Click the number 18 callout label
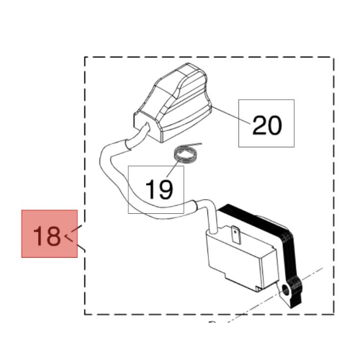(x=47, y=235)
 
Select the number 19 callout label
(x=159, y=189)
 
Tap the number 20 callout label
(x=267, y=125)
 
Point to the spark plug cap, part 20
(x=171, y=102)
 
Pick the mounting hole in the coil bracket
(x=287, y=289)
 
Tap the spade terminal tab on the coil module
(x=236, y=235)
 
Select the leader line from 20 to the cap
(x=231, y=116)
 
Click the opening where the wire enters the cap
(x=147, y=127)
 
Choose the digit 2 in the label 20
(x=259, y=125)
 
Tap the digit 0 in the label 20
(x=275, y=125)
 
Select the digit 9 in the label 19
(x=166, y=189)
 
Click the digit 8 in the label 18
(x=53, y=235)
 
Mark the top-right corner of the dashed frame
(x=333, y=57)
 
